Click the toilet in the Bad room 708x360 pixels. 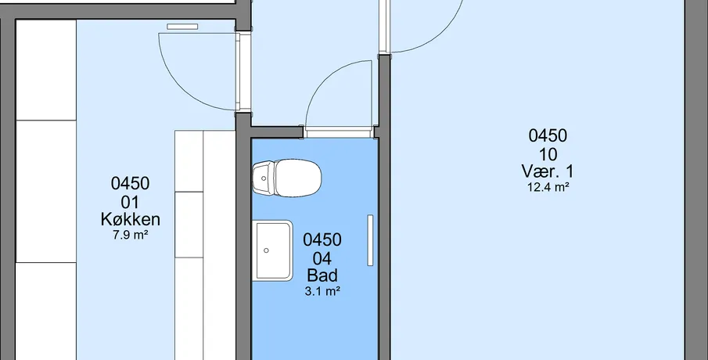pyautogui.click(x=287, y=178)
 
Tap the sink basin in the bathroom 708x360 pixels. pyautogui.click(x=272, y=250)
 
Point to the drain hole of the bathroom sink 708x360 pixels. pyautogui.click(x=267, y=250)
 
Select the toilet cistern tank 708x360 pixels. pyautogui.click(x=263, y=178)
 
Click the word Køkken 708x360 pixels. pyautogui.click(x=130, y=220)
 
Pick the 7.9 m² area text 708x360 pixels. pyautogui.click(x=131, y=235)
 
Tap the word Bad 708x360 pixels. pyautogui.click(x=322, y=275)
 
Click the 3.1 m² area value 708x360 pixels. pyautogui.click(x=322, y=291)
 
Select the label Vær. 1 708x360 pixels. pyautogui.click(x=548, y=171)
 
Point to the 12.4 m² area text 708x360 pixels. pyautogui.click(x=548, y=188)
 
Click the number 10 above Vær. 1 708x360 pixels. pyautogui.click(x=548, y=155)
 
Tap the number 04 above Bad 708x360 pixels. pyautogui.click(x=322, y=259)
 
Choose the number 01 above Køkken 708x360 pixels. pyautogui.click(x=130, y=203)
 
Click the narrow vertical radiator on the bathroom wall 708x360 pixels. pyautogui.click(x=370, y=240)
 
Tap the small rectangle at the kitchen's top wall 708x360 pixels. pyautogui.click(x=182, y=27)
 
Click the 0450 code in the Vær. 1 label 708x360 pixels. pyautogui.click(x=548, y=135)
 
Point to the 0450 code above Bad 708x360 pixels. pyautogui.click(x=322, y=239)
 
